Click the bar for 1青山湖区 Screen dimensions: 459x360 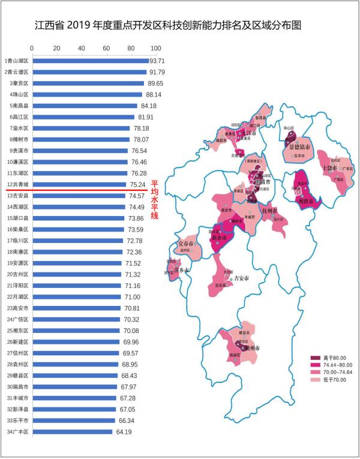pos(90,61)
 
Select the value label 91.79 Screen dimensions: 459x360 pos(157,72)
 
